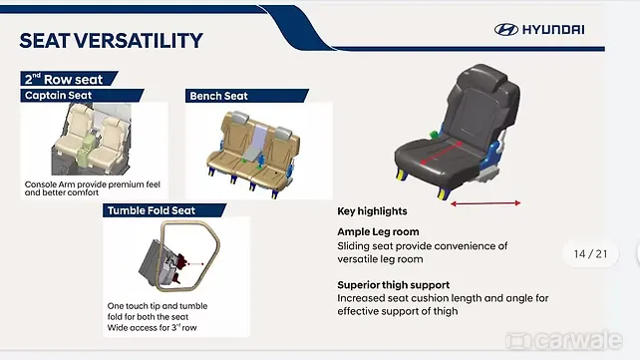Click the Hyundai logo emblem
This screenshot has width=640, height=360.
click(506, 29)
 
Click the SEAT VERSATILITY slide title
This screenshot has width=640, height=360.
click(111, 41)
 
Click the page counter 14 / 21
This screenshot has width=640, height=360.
click(590, 254)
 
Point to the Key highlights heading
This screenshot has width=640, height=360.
click(372, 211)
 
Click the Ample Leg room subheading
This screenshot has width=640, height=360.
click(378, 231)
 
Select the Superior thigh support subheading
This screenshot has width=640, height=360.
click(393, 285)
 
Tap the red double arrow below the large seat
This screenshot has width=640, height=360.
click(485, 203)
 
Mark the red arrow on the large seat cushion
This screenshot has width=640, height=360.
click(442, 153)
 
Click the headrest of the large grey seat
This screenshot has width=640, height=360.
click(484, 77)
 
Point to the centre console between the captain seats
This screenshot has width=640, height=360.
click(86, 148)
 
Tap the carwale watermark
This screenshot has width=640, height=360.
click(564, 340)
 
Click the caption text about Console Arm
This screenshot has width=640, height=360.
click(93, 188)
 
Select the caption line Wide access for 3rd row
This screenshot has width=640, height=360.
click(152, 327)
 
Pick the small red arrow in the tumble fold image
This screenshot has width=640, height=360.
click(196, 264)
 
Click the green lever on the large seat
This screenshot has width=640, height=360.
click(433, 135)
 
